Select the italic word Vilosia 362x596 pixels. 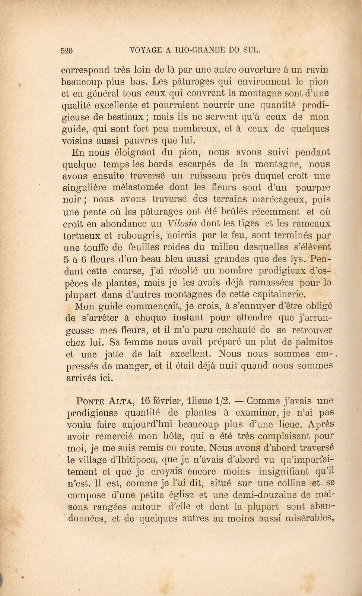(x=182, y=223)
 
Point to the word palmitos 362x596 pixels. (x=313, y=342)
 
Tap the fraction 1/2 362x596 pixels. (x=223, y=401)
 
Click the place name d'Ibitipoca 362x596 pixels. (x=139, y=460)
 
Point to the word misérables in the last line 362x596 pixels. (x=309, y=518)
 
